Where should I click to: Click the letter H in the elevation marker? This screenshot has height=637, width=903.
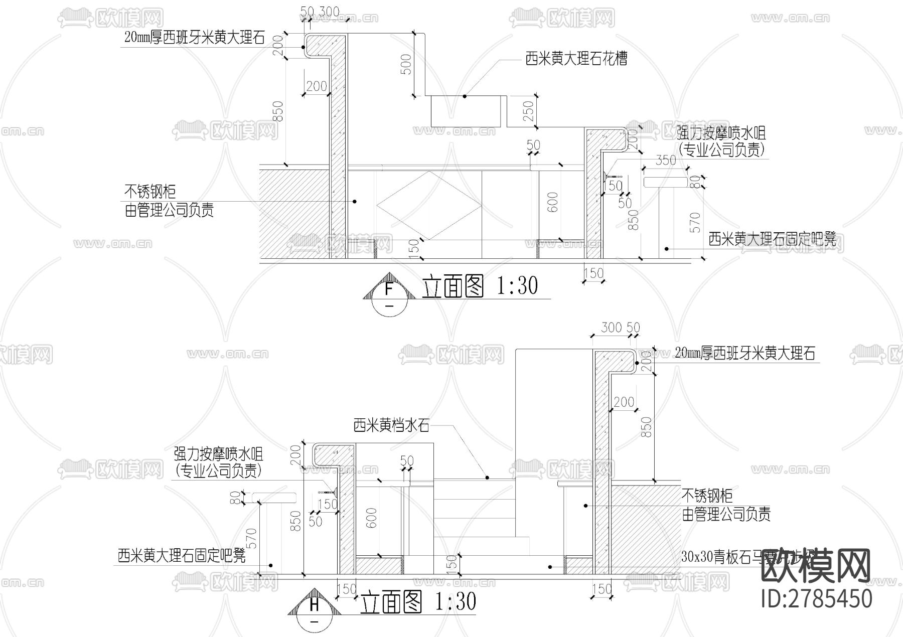pos(314,605)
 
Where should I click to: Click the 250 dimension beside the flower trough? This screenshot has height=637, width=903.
pos(528,111)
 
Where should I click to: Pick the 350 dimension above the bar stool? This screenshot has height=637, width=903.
pos(666,161)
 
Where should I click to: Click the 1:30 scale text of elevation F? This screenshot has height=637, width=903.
pos(517,286)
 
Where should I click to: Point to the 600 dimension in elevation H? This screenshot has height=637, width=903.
pos(371,518)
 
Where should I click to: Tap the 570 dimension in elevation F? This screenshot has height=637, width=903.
pos(695,222)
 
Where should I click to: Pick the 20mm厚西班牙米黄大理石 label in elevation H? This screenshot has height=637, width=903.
pos(745,354)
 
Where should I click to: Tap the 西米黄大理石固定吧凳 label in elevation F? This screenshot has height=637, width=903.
pos(773,239)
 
